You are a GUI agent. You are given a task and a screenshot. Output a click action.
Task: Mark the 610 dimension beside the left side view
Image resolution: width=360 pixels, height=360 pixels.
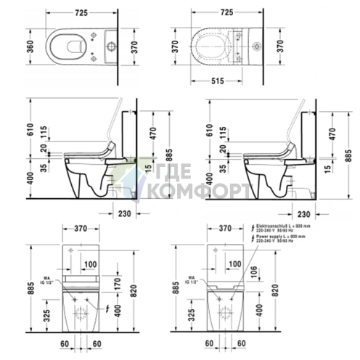point(30,128)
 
